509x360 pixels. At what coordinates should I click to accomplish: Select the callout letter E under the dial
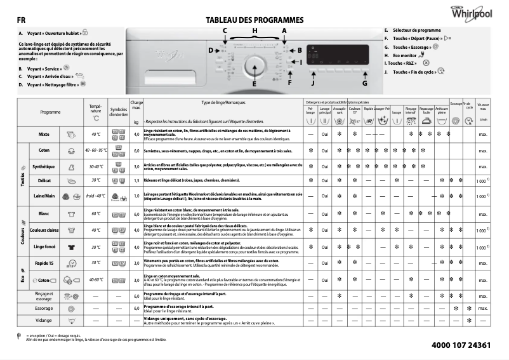click(254, 84)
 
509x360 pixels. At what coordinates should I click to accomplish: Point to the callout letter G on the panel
click(364, 83)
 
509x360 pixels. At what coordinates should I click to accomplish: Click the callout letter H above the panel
click(255, 30)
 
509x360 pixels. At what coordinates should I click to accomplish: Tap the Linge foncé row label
click(44, 247)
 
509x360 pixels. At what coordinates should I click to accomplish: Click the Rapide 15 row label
click(44, 262)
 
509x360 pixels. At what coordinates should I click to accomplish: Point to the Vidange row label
click(44, 321)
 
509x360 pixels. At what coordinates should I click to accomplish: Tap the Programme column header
click(50, 112)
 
